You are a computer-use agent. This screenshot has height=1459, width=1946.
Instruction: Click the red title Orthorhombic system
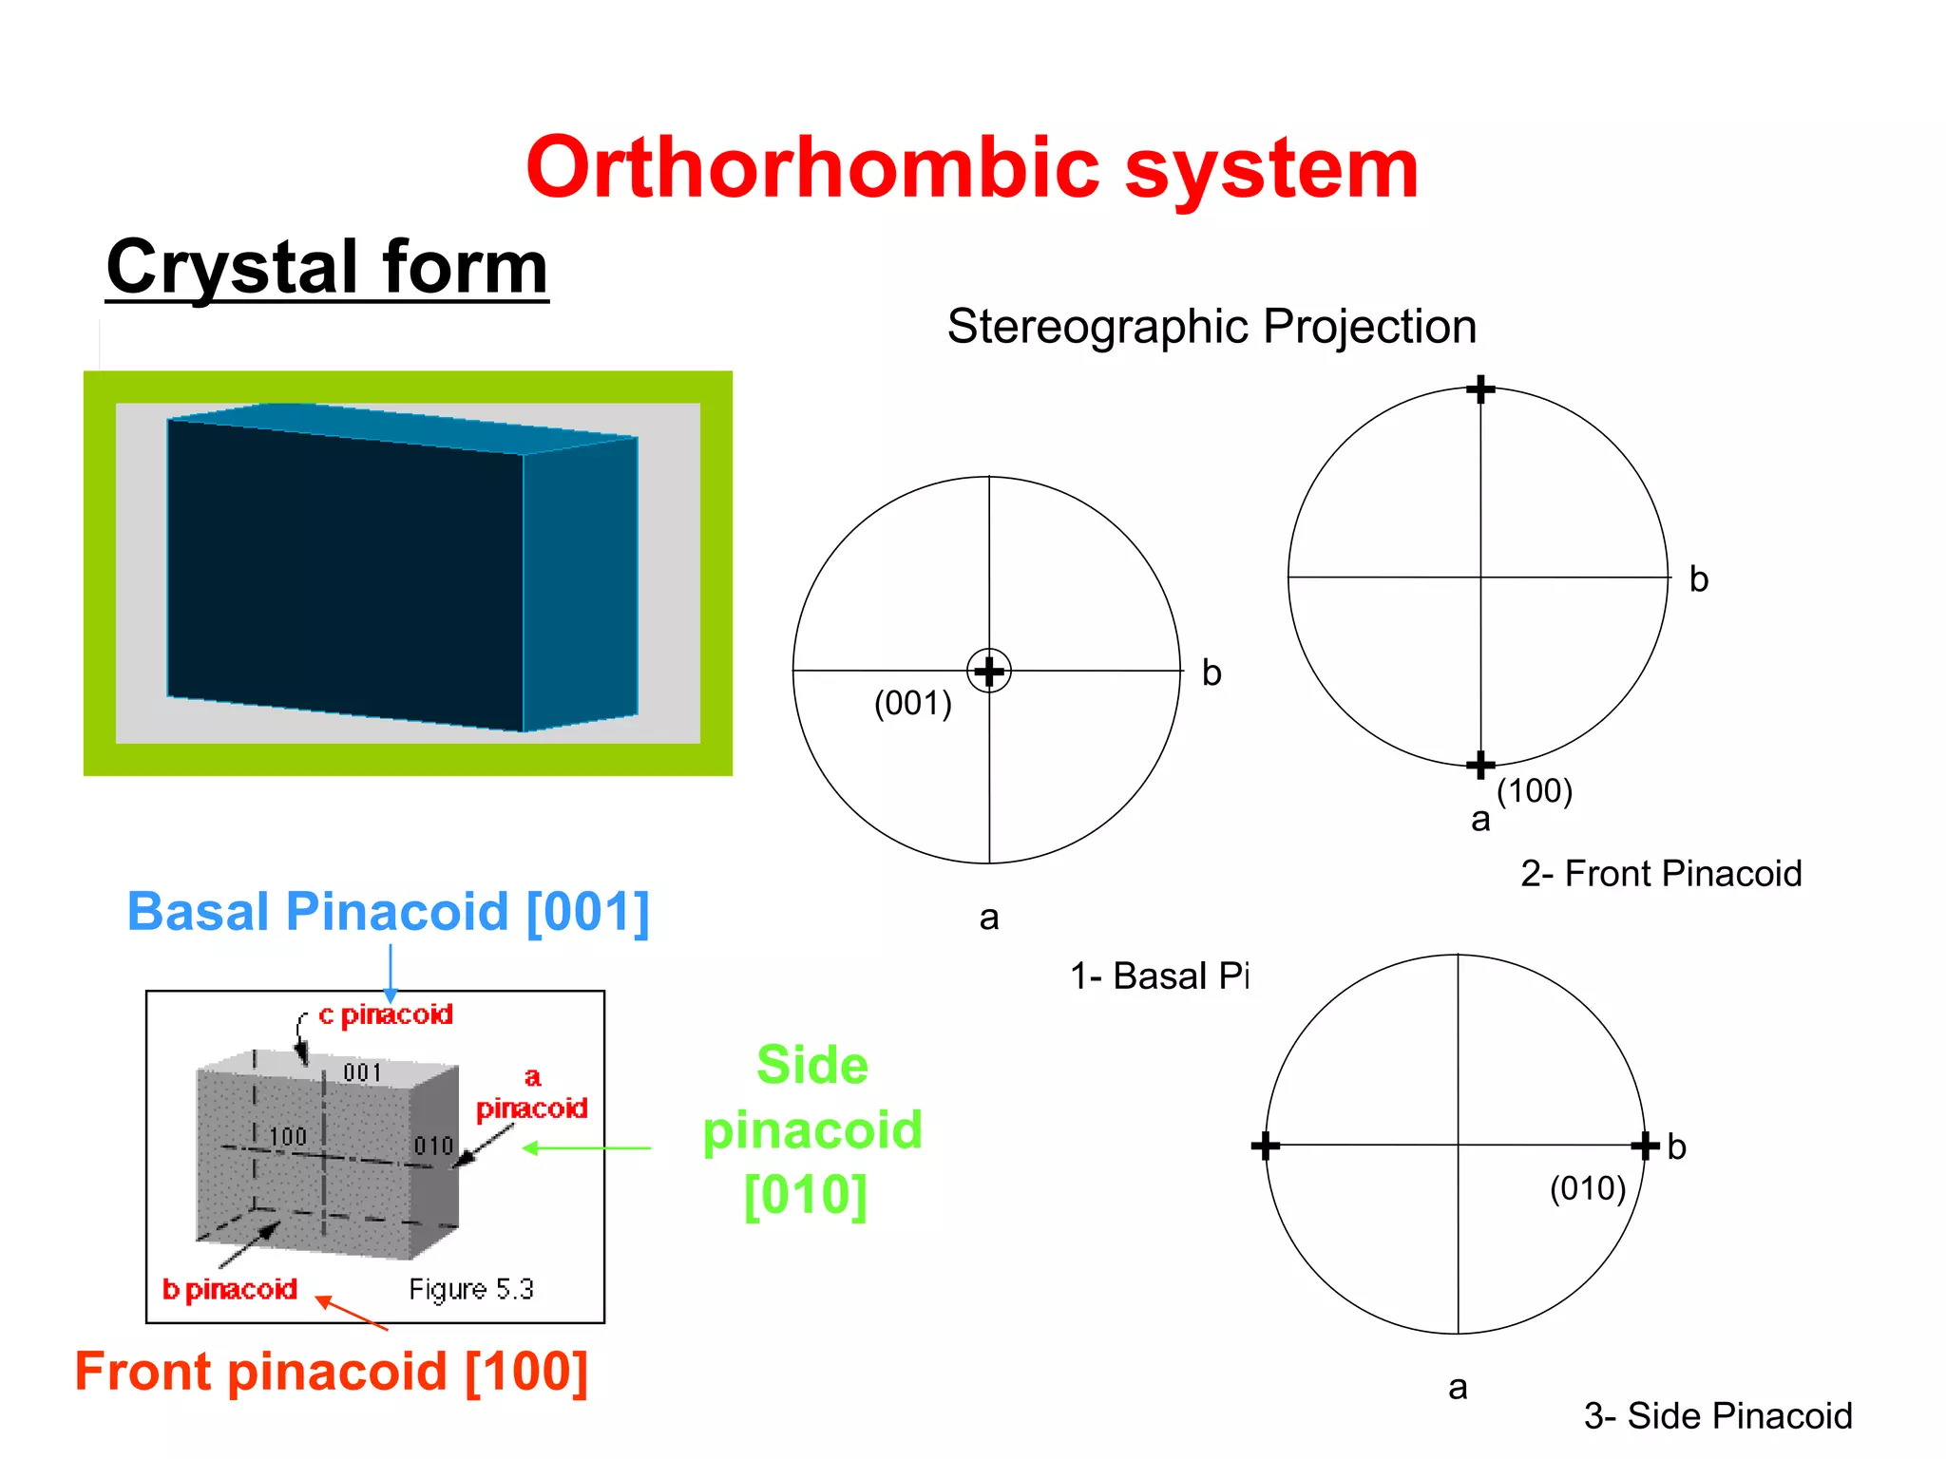coord(972,169)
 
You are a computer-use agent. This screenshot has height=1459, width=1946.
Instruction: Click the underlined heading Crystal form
coord(327,268)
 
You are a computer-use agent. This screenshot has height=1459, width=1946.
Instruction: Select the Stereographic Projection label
coord(1211,327)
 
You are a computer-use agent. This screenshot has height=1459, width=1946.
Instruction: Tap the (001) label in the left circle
coord(912,704)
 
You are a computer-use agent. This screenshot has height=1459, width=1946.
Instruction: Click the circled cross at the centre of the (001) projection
coord(989,672)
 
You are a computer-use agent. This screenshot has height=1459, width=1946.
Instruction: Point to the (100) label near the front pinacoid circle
coord(1535,790)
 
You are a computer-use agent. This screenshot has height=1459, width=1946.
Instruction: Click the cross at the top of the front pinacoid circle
coord(1480,388)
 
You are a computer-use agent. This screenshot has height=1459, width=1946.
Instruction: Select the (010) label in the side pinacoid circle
coord(1588,1188)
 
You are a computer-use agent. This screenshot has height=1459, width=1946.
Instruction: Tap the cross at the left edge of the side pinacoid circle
coord(1265,1146)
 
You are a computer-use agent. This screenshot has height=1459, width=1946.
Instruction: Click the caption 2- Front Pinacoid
coord(1661,874)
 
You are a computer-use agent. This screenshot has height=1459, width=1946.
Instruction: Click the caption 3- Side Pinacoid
coord(1718,1416)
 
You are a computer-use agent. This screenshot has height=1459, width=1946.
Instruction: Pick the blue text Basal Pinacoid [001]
coord(389,912)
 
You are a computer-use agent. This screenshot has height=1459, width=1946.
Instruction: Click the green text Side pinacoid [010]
coord(812,1129)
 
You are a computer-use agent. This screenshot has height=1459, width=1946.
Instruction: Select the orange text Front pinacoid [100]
coord(332,1372)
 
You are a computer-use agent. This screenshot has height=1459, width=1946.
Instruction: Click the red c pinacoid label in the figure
coord(386,1015)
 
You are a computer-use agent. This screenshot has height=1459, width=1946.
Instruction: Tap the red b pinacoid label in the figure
coord(230,1290)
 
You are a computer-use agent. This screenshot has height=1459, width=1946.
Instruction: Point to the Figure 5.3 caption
coord(471,1290)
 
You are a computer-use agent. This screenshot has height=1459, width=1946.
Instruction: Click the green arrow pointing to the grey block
coord(587,1148)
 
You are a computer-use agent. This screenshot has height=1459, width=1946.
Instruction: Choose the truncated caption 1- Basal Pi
coord(1159,976)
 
